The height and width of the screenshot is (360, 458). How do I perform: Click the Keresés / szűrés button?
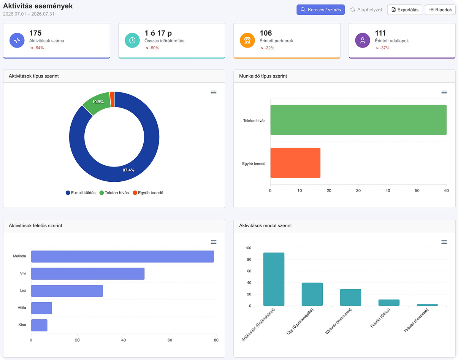tap(320, 10)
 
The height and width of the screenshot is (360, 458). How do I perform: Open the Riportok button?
tap(440, 10)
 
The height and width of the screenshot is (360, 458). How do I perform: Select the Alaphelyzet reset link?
tap(366, 10)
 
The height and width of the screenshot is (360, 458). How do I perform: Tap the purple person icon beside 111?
tap(363, 40)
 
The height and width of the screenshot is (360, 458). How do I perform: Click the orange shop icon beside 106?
tap(247, 40)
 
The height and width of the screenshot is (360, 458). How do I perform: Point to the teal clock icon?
tap(132, 40)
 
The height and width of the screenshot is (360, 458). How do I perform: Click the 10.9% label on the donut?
tap(98, 102)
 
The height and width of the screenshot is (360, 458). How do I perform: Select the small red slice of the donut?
tap(112, 99)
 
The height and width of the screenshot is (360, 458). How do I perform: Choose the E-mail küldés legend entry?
tap(81, 193)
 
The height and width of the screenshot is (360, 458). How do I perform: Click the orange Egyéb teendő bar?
tap(295, 163)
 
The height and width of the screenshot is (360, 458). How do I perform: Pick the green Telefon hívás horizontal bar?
tap(358, 120)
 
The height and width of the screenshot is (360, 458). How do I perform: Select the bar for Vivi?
tap(88, 274)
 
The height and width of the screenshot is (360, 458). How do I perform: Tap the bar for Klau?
tap(39, 325)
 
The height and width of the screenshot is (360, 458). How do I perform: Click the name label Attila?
tap(22, 308)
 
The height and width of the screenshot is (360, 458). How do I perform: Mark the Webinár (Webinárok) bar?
tap(350, 297)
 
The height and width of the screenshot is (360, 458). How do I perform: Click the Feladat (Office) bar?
tap(389, 303)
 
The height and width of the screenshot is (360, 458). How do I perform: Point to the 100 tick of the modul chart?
tap(248, 248)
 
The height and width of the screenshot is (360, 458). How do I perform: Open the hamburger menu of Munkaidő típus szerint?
tap(444, 92)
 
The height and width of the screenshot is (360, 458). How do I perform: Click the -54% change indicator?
tap(37, 48)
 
